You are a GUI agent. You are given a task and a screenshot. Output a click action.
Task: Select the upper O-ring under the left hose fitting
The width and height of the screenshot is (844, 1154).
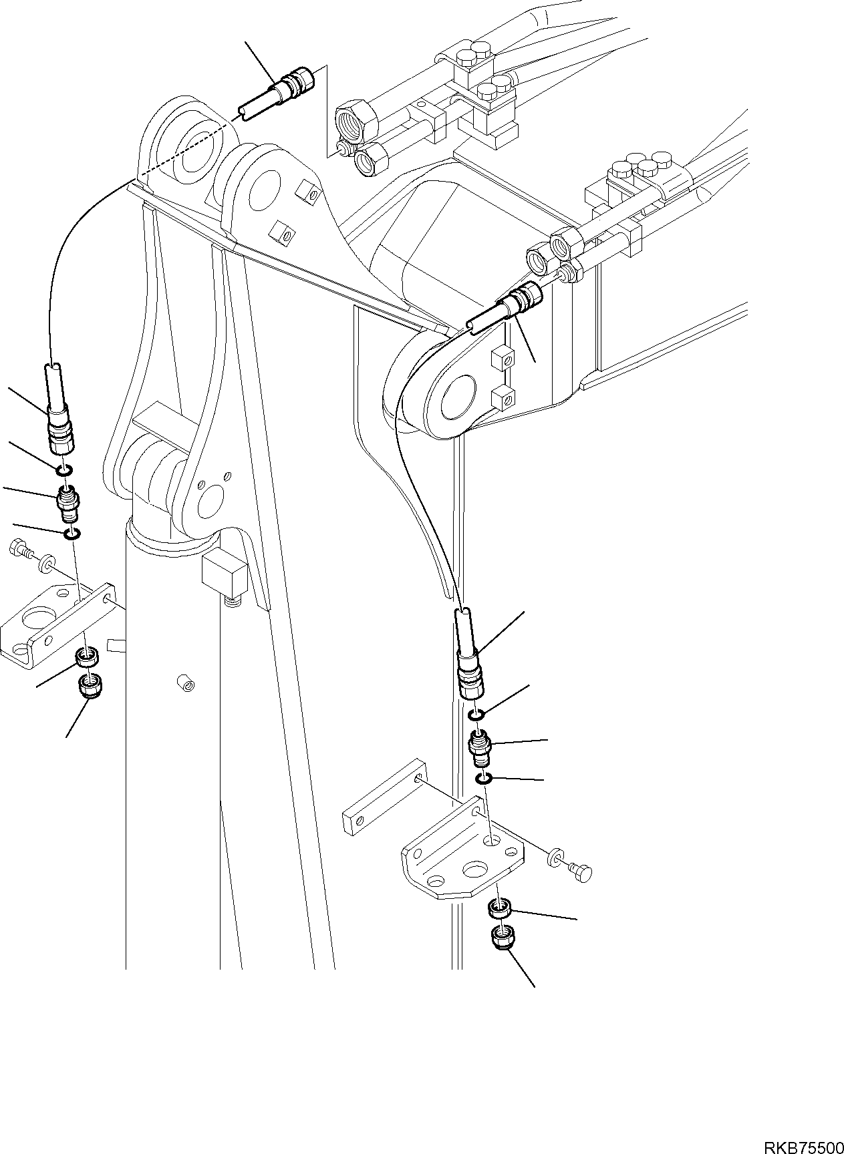tap(63, 473)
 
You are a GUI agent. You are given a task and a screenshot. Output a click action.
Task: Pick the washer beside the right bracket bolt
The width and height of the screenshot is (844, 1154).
tap(555, 858)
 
